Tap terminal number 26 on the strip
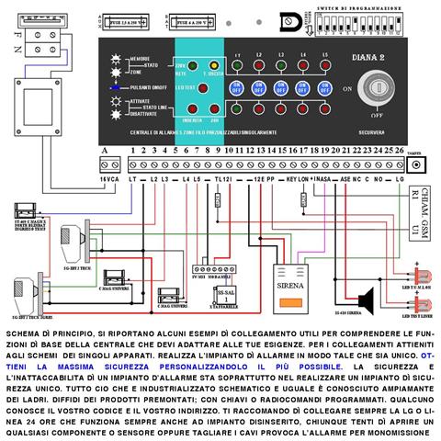tap(399, 149)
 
